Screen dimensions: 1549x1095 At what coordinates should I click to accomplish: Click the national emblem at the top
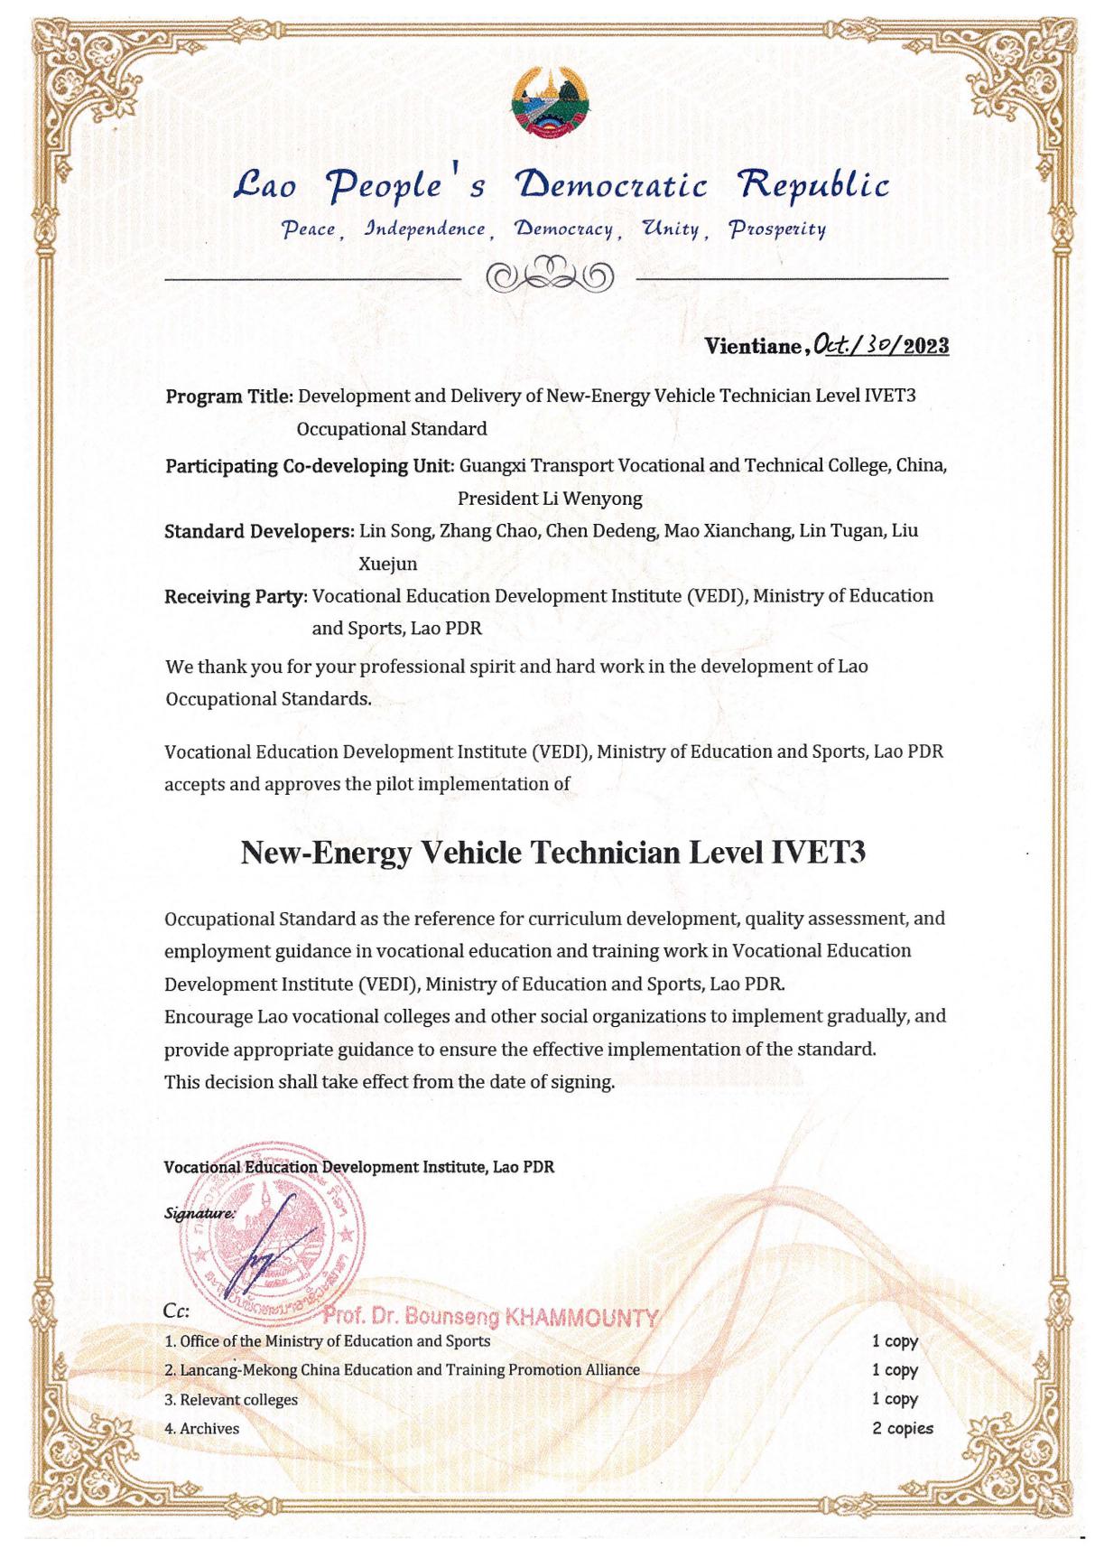[548, 104]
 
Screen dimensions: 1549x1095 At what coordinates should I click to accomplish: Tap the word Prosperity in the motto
[777, 229]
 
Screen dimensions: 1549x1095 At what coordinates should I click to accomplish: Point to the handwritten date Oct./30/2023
[880, 344]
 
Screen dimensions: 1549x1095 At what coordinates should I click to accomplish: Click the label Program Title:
[228, 397]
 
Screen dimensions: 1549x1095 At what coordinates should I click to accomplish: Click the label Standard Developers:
[258, 531]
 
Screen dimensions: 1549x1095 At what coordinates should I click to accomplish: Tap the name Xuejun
[388, 565]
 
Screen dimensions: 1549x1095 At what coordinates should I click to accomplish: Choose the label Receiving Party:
[236, 597]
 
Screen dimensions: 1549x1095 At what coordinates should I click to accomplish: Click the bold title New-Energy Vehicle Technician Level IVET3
[552, 853]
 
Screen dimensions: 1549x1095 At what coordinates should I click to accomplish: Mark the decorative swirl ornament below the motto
[551, 274]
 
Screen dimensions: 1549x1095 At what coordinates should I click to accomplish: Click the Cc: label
[176, 1311]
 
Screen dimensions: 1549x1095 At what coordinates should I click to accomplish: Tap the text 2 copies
[903, 1428]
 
